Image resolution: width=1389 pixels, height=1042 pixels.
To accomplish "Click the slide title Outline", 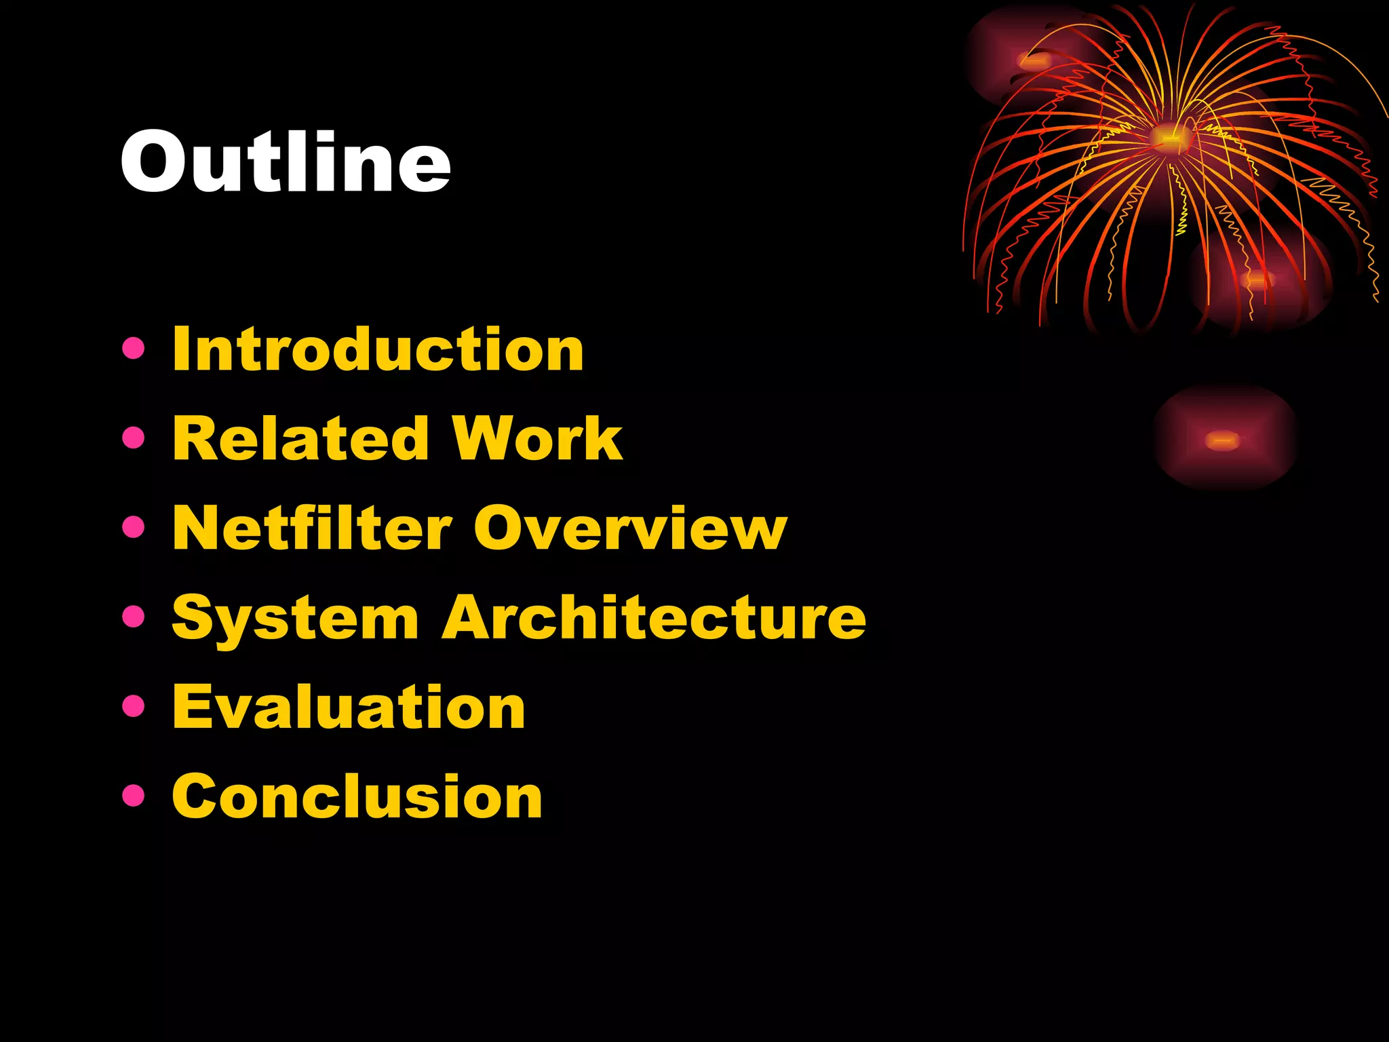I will point(286,161).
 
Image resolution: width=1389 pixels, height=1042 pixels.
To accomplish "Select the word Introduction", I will point(378,349).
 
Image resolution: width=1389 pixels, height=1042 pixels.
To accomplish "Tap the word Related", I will point(301,438).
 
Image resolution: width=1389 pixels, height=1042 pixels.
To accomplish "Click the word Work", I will point(536,438).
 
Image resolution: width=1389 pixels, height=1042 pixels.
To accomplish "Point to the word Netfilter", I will point(312,528).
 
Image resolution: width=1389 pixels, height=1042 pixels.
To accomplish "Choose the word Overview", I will point(630,528).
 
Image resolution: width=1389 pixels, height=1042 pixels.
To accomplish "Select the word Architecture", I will point(654,617).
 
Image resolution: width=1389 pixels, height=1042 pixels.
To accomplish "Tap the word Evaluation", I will point(349,707).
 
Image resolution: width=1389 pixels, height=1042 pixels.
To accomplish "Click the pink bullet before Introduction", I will point(134,349).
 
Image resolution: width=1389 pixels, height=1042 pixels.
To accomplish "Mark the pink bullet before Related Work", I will point(134,438).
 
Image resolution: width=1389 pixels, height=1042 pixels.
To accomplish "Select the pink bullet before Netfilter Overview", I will point(134,527).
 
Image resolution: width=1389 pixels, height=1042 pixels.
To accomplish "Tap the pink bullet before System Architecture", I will point(134,617).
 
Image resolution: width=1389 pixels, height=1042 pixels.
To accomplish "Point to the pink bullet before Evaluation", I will point(134,706).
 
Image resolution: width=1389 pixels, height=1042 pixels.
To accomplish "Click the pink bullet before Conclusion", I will point(134,795).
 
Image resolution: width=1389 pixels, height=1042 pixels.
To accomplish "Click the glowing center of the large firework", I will point(1168,138).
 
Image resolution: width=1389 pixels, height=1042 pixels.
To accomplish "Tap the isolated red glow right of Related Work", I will point(1223,440).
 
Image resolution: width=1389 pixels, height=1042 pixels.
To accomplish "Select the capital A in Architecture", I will point(473,617).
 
